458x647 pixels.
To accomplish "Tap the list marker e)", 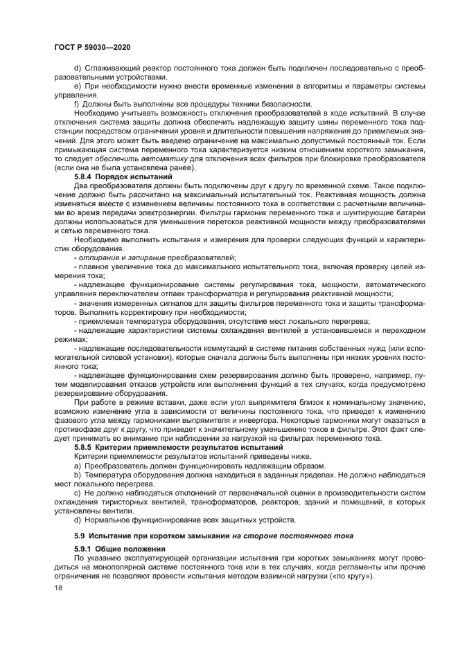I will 78,85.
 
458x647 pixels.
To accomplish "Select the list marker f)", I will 77,103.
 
